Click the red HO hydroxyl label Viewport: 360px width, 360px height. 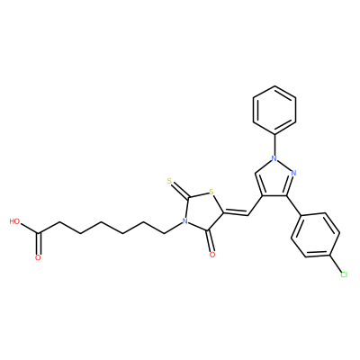[14, 221]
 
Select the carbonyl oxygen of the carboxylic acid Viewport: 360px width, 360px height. [38, 257]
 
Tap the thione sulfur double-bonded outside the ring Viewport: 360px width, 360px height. [169, 181]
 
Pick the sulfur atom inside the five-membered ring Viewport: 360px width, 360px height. [211, 192]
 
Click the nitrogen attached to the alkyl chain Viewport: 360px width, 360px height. [185, 222]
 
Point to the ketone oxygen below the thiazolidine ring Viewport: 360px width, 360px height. [212, 255]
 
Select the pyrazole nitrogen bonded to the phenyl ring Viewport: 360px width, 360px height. [274, 158]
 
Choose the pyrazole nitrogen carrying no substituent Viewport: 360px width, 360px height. [293, 173]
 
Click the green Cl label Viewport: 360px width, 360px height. [344, 274]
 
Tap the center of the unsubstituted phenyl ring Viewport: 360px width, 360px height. [274, 110]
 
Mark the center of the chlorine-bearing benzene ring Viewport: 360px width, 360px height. [315, 235]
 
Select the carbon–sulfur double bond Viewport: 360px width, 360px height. [180, 190]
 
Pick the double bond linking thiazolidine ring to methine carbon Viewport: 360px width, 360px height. [236, 214]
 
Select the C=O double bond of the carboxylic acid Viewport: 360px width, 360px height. [38, 244]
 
